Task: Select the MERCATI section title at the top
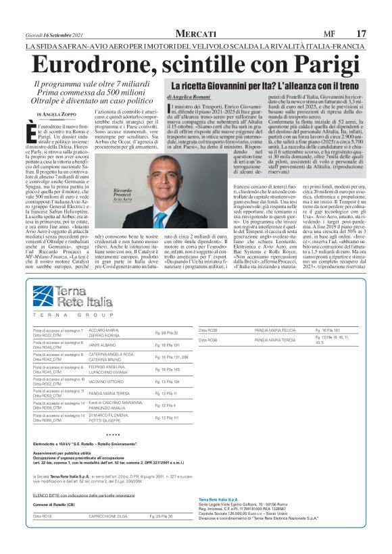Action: (x=196, y=33)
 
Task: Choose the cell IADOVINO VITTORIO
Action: (x=105, y=382)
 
